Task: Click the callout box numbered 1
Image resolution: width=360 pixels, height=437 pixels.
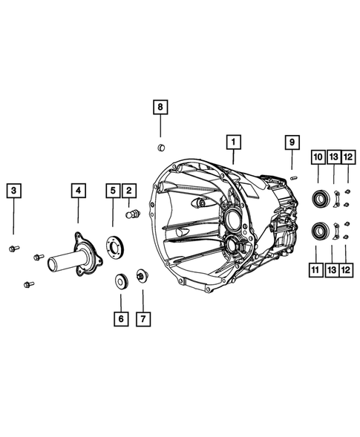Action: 232,140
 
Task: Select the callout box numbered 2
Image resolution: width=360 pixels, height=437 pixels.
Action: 128,191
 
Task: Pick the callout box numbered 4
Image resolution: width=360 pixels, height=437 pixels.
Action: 78,191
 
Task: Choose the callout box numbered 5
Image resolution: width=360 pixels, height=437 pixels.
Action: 112,191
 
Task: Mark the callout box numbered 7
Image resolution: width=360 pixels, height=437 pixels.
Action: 143,320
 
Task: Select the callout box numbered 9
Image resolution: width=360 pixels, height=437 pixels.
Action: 292,141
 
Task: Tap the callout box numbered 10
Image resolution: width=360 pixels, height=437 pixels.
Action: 318,157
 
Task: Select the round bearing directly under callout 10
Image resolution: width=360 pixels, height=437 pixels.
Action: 318,199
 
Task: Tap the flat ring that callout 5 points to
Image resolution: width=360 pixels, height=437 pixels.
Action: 116,245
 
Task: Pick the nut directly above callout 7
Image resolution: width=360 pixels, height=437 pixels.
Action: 142,279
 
